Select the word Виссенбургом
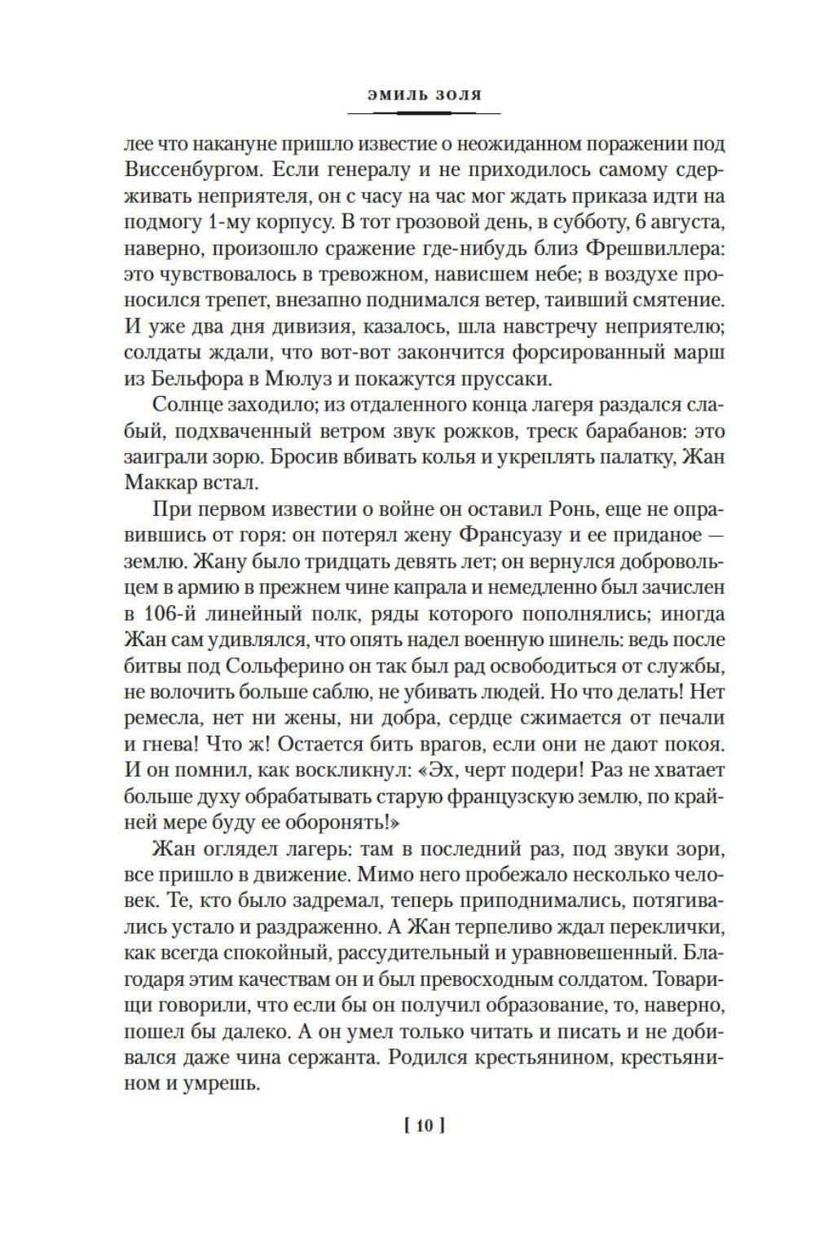coord(192,171)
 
